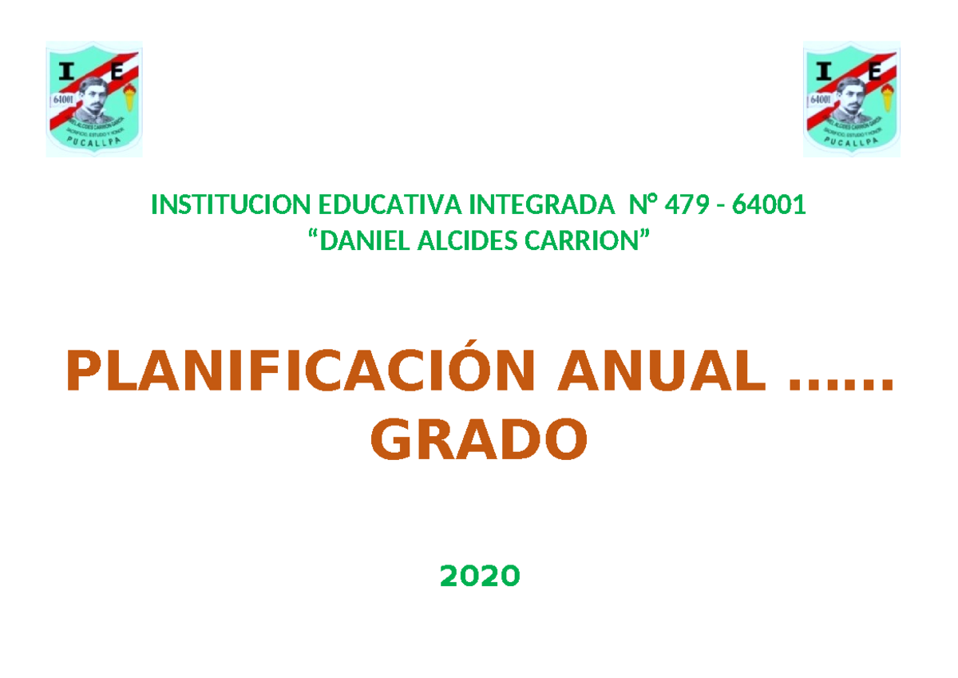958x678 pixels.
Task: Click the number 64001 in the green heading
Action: (769, 206)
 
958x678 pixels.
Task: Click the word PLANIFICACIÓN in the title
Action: (301, 372)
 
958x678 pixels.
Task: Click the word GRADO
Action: (479, 441)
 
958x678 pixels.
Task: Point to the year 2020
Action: (479, 574)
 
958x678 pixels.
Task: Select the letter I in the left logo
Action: (66, 73)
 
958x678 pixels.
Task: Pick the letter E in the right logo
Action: (874, 72)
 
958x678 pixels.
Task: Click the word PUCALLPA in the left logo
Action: (93, 145)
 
